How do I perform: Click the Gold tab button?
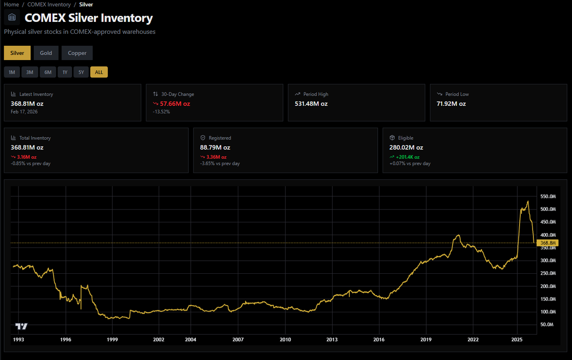(46, 53)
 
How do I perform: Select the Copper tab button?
(77, 53)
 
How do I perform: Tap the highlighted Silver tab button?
(17, 53)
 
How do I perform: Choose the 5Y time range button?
(81, 72)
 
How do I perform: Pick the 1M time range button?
(12, 72)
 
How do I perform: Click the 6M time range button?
(48, 72)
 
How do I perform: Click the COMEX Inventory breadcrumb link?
(49, 4)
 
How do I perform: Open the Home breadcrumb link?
(11, 4)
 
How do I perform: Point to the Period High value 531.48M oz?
(311, 103)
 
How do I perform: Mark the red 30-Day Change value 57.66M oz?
(175, 103)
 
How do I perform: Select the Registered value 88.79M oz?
(215, 147)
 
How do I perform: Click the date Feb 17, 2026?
(24, 112)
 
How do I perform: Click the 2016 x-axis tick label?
(379, 339)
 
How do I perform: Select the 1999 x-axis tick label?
(112, 339)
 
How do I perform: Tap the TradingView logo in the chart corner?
(21, 327)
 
